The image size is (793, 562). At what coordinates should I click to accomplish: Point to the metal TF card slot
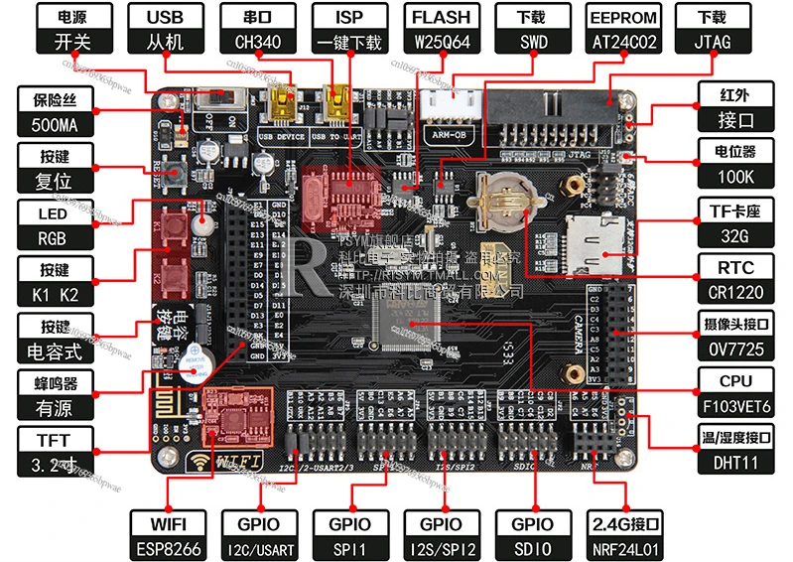(596, 239)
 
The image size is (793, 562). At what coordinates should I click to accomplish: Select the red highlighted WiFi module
(226, 415)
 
